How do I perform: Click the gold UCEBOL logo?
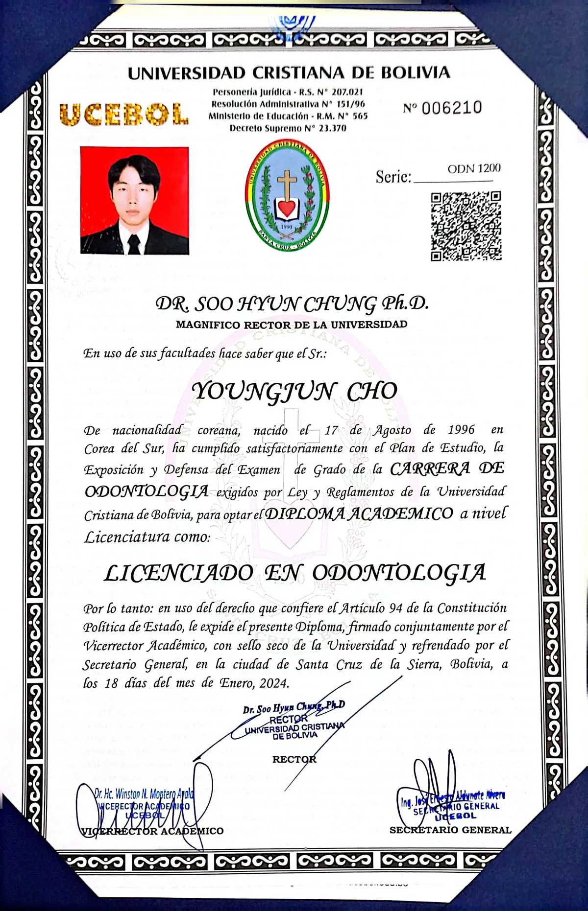click(123, 114)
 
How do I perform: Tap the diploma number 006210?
click(451, 108)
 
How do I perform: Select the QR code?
click(466, 226)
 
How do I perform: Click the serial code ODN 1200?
click(474, 168)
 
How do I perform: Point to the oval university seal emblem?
click(287, 194)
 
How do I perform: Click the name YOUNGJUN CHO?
click(294, 391)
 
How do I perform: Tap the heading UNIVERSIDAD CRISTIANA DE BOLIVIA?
click(289, 73)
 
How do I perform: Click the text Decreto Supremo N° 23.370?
click(288, 128)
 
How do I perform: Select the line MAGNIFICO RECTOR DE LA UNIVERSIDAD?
click(292, 324)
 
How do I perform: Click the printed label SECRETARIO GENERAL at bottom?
click(450, 830)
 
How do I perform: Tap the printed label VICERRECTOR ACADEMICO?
click(152, 831)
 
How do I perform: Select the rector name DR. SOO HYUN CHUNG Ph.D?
click(292, 304)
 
